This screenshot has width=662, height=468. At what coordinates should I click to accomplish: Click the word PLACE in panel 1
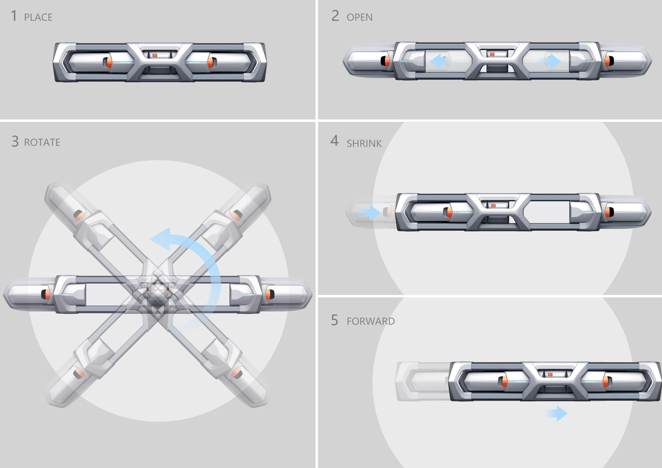coord(38,17)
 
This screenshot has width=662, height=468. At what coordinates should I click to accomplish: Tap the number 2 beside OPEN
coord(335,16)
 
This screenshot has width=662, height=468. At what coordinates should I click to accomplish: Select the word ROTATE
coord(42,142)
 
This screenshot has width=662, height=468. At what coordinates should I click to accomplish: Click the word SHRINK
coord(364,144)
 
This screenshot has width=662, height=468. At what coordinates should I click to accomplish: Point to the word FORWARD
coord(371,321)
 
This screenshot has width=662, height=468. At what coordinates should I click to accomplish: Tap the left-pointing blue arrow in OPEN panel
coord(438,61)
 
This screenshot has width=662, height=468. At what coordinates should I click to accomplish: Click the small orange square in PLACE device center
coord(155,55)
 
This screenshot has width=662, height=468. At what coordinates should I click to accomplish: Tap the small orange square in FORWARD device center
coord(550,374)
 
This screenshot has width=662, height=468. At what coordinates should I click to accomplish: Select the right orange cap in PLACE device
coord(210,62)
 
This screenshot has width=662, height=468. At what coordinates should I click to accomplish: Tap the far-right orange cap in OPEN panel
coord(607,61)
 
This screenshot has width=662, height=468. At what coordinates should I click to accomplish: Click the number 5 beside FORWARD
coord(334,320)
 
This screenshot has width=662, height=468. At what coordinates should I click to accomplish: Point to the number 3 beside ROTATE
coord(15,141)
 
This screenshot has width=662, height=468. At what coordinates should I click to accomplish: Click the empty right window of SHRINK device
coord(547,211)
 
